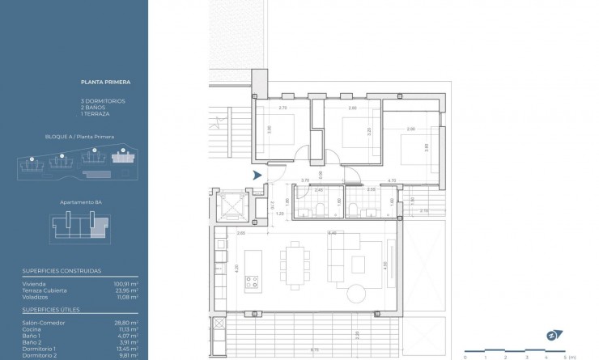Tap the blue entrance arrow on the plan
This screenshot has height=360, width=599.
pos(257,175)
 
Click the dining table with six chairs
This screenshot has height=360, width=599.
pos(294,264)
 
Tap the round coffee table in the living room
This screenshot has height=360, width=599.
pos(357,291)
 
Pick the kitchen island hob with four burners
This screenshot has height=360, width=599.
pos(252,283)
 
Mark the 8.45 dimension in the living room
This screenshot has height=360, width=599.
pos(331,233)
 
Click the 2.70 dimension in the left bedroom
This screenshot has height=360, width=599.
pos(283,108)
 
